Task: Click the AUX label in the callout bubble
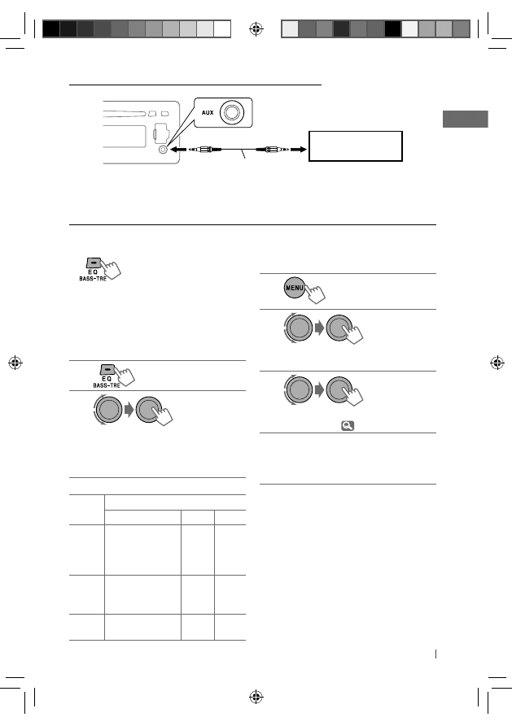pyautogui.click(x=208, y=112)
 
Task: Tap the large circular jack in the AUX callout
pyautogui.click(x=232, y=112)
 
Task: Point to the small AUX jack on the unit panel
pyautogui.click(x=163, y=150)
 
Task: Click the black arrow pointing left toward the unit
pyautogui.click(x=179, y=150)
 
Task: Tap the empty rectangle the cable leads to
pyautogui.click(x=356, y=146)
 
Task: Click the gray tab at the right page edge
pyautogui.click(x=465, y=119)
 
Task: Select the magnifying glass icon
pyautogui.click(x=348, y=425)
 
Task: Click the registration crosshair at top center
pyautogui.click(x=256, y=29)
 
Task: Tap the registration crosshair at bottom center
pyautogui.click(x=256, y=697)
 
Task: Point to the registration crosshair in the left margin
pyautogui.click(x=15, y=363)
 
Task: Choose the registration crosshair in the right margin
pyautogui.click(x=497, y=363)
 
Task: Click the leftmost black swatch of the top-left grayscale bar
pyautogui.click(x=51, y=28)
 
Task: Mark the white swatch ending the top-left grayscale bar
pyautogui.click(x=222, y=28)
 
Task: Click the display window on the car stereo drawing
pyautogui.click(x=125, y=137)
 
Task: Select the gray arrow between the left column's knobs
pyautogui.click(x=129, y=409)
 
